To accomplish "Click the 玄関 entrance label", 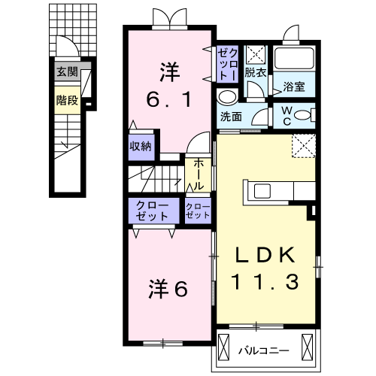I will (67, 73).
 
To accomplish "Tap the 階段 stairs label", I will (67, 100).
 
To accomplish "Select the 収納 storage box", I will (141, 146).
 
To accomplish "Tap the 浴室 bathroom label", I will (294, 87).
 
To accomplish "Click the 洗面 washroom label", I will (232, 117).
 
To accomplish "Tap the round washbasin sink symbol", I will (226, 97).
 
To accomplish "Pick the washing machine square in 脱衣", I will (255, 55).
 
